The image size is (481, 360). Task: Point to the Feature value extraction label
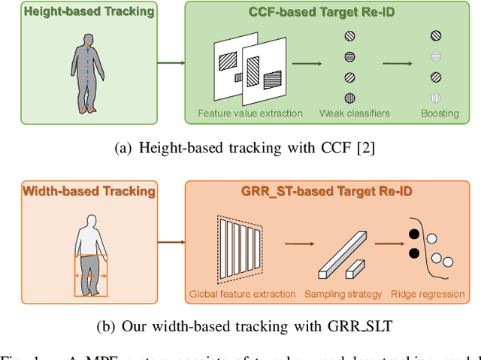(x=250, y=113)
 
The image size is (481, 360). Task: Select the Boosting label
(x=440, y=113)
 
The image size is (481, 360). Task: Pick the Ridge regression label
(x=429, y=294)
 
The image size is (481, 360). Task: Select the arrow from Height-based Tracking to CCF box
(x=170, y=63)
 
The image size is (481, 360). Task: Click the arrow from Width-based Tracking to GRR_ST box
(x=170, y=242)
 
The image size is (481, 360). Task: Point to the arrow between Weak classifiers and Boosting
(x=398, y=64)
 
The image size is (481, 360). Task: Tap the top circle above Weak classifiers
(x=349, y=35)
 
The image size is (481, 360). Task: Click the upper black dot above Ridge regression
(x=414, y=234)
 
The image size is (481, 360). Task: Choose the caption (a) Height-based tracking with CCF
(x=244, y=150)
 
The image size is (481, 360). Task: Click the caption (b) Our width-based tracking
(x=244, y=327)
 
